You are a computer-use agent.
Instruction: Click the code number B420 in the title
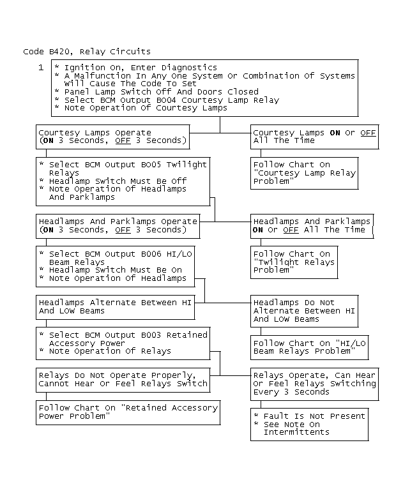coord(56,52)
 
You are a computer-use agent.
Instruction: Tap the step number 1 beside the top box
coord(41,67)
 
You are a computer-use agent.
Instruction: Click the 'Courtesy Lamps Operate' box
coord(112,136)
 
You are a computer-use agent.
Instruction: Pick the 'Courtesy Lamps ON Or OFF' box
coord(314,136)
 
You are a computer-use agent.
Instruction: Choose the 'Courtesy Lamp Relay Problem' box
coord(304,173)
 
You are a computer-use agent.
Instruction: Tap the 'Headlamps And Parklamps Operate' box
coord(118,225)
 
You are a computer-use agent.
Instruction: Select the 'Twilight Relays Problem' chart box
coord(304,262)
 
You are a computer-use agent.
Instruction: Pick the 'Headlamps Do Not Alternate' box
coord(304,310)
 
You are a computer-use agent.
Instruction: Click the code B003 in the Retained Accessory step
coord(146,335)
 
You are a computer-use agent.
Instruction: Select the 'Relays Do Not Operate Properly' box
coord(123,379)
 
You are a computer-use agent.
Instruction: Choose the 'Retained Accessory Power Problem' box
coord(128,412)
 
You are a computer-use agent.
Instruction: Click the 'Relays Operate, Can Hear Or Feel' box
coord(314,383)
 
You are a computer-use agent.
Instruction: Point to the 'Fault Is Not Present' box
coord(309,424)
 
